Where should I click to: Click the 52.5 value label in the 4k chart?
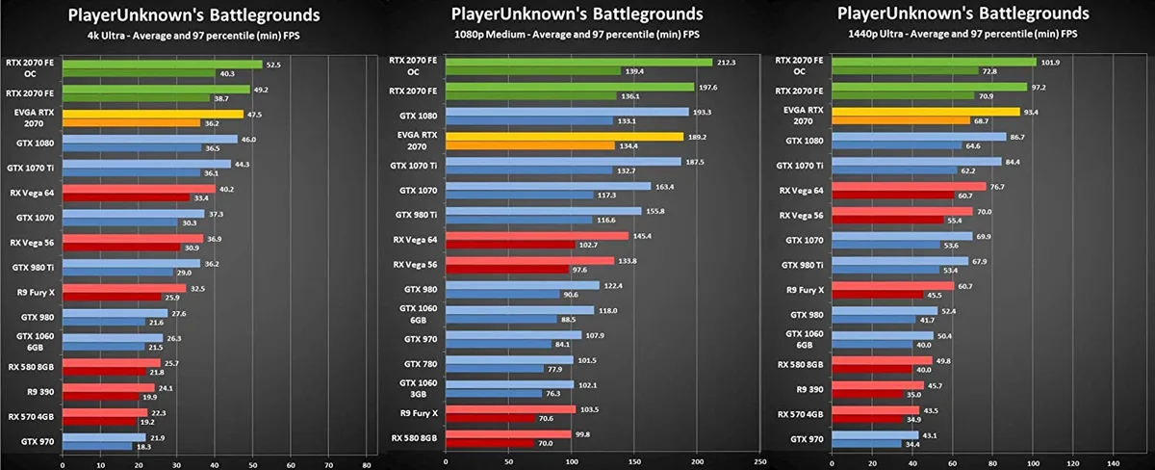tap(273, 65)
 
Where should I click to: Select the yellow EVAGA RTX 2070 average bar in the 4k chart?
tap(153, 115)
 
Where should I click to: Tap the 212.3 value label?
tap(727, 63)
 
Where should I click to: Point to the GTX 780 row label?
tap(421, 364)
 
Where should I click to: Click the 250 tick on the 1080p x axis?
tap(760, 461)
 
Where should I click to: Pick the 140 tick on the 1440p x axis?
tap(1114, 463)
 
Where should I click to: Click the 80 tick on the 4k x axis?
tap(366, 465)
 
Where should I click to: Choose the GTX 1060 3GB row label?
tap(418, 388)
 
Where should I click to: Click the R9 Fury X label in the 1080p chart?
tap(419, 413)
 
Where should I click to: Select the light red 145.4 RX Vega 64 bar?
tap(537, 236)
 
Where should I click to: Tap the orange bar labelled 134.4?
tap(530, 146)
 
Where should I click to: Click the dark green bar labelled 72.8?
tap(905, 70)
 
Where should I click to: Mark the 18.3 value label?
tap(143, 447)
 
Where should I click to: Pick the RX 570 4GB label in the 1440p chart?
tap(800, 414)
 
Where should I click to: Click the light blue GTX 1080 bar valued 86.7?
tap(919, 137)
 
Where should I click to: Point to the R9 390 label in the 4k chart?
tap(40, 392)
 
